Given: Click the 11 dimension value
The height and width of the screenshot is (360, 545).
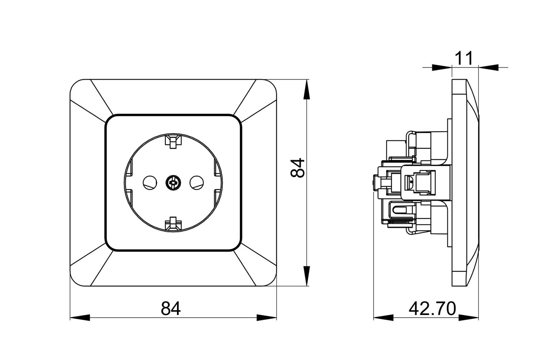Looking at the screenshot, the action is click(464, 58).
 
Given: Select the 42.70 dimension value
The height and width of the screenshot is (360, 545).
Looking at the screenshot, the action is click(432, 309).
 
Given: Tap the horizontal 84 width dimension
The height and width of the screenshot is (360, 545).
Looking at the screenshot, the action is click(171, 309).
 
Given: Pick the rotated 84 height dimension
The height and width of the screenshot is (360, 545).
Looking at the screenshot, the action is click(297, 168).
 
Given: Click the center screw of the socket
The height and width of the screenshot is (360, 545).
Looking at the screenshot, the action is click(173, 182).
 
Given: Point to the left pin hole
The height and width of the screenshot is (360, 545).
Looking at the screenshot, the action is click(150, 183).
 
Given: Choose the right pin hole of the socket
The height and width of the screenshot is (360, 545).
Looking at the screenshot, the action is click(196, 183).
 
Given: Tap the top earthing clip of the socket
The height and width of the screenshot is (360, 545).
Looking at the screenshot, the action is click(173, 141).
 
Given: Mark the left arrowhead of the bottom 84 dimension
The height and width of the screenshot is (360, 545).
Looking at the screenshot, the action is click(80, 317).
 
